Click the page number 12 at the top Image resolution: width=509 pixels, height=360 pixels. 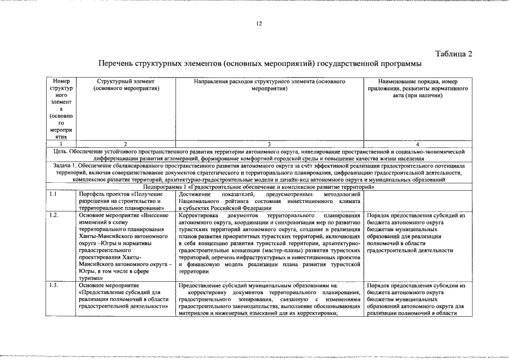point(259,24)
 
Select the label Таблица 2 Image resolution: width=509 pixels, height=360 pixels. point(454,53)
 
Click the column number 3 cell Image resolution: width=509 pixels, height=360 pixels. point(269,145)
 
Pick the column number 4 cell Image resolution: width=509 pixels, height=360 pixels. point(417,145)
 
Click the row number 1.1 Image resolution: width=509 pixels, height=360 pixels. point(53,194)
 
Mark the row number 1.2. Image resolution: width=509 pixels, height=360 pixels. point(53,215)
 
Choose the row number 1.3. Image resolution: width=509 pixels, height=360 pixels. point(53,286)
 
